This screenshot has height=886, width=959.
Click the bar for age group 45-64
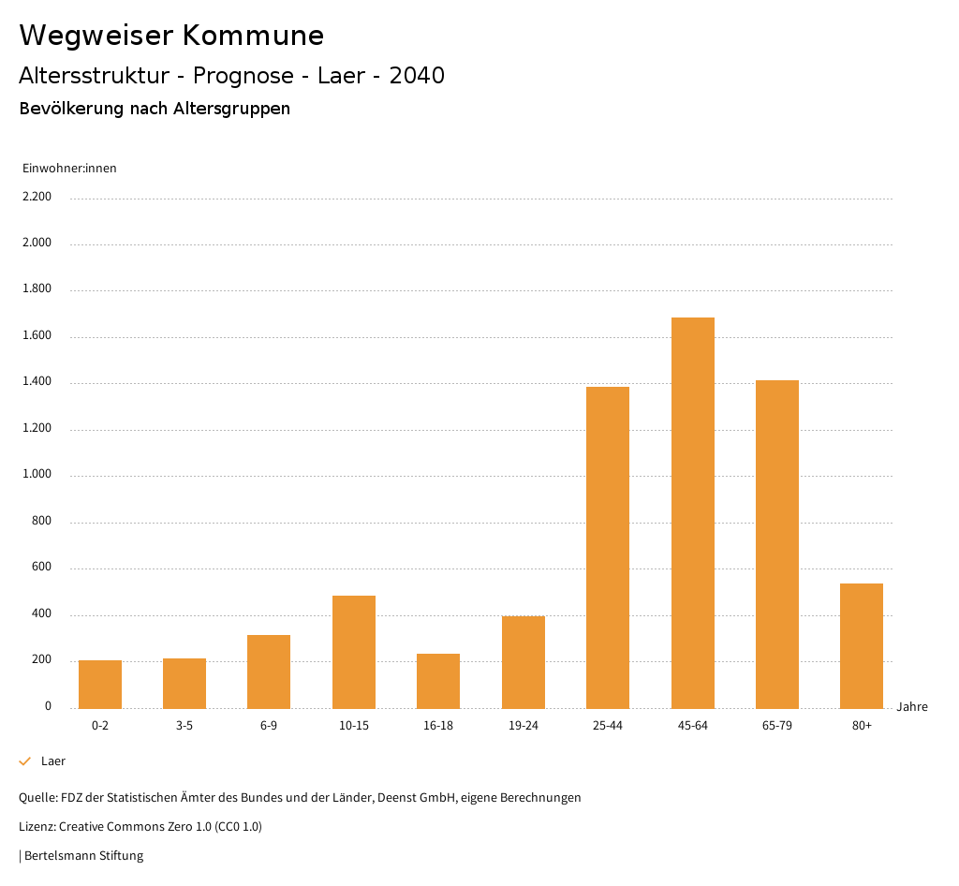pyautogui.click(x=692, y=512)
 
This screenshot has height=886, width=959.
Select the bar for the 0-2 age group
pyautogui.click(x=100, y=684)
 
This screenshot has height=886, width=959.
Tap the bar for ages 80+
pyautogui.click(x=862, y=645)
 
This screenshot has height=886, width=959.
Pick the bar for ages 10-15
pyautogui.click(x=354, y=651)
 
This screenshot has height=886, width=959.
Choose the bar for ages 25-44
pyautogui.click(x=608, y=547)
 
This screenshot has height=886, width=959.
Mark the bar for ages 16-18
pyautogui.click(x=438, y=680)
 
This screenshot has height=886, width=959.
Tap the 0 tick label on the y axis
pyautogui.click(x=48, y=706)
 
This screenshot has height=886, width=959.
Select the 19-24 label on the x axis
pyautogui.click(x=524, y=726)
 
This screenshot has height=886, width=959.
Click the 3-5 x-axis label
pyautogui.click(x=184, y=726)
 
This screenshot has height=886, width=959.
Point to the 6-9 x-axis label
pyautogui.click(x=269, y=726)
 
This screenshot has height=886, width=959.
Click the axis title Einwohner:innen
pyautogui.click(x=69, y=169)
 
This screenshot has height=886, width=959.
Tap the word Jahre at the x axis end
pyautogui.click(x=912, y=707)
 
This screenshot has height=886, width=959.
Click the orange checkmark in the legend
pyautogui.click(x=25, y=761)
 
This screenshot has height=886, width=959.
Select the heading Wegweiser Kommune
pyautogui.click(x=171, y=36)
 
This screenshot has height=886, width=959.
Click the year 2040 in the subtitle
pyautogui.click(x=417, y=76)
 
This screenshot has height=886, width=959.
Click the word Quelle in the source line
pyautogui.click(x=37, y=798)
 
